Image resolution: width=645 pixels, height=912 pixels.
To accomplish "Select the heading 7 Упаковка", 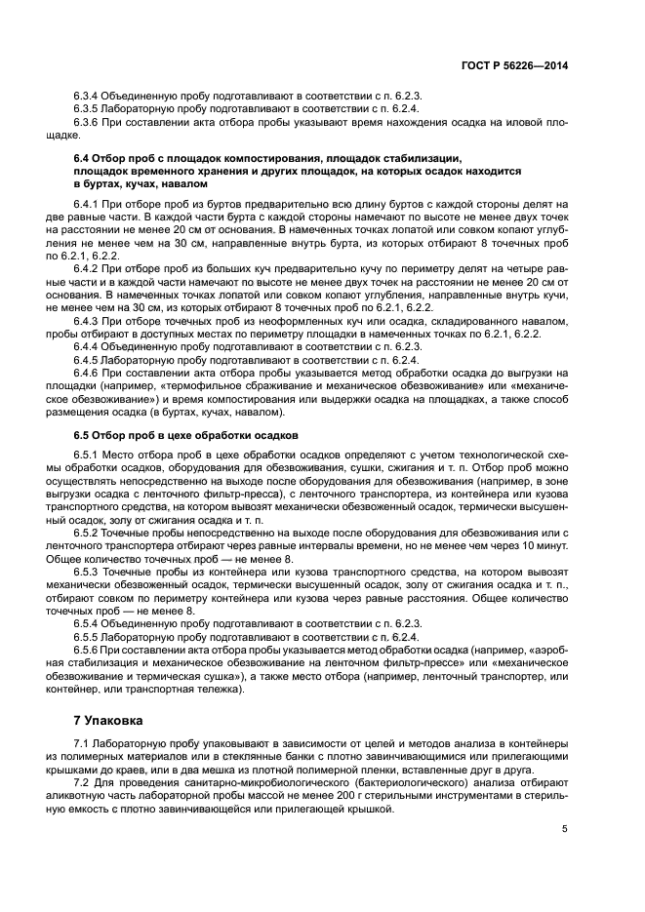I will pos(108,721).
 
